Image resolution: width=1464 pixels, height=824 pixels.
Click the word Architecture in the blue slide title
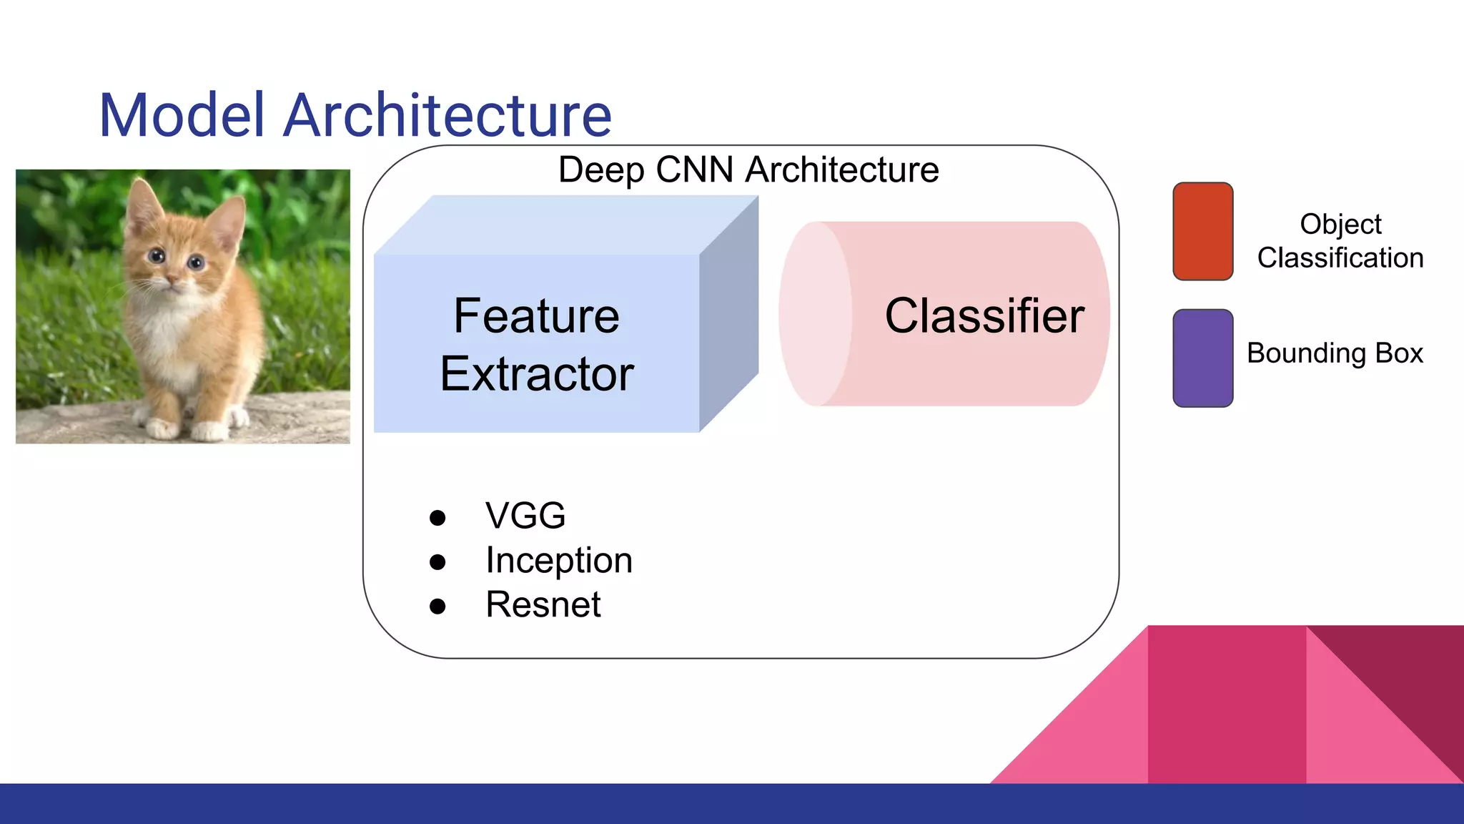[x=447, y=115]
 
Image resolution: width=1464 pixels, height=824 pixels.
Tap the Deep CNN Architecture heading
[x=748, y=170]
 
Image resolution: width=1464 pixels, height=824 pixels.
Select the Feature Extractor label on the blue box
[x=536, y=344]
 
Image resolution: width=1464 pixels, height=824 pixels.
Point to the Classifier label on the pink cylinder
[x=984, y=315]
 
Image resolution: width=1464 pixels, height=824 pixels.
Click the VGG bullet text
[x=525, y=516]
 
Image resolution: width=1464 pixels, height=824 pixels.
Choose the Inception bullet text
[x=559, y=560]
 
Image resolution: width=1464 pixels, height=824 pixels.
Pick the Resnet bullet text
[x=543, y=604]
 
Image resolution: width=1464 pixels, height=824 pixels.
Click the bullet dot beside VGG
[x=437, y=517]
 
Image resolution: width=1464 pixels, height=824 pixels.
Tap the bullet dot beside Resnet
[x=437, y=607]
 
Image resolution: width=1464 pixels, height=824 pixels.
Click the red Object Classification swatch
[x=1202, y=231]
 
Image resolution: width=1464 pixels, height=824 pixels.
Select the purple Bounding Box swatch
[x=1202, y=358]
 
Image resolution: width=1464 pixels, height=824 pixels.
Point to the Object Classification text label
[x=1340, y=240]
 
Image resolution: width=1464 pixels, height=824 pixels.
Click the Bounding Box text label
[x=1335, y=353]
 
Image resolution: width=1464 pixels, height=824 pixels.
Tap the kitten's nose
[x=172, y=278]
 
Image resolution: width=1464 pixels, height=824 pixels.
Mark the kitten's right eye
[x=196, y=263]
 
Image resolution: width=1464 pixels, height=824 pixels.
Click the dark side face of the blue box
[x=728, y=315]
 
